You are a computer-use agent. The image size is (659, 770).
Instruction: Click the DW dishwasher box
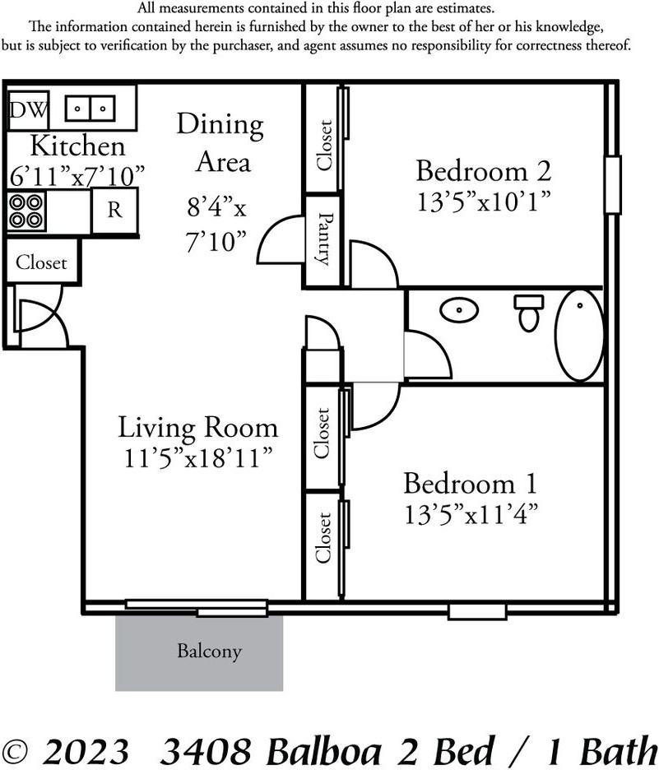[29, 110]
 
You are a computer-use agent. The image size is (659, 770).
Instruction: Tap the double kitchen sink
[90, 108]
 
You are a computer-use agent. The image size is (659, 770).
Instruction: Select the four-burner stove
[26, 211]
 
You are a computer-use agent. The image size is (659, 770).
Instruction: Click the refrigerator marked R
[114, 210]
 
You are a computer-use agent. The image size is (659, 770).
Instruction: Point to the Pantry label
[324, 239]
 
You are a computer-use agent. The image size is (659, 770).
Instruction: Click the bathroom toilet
[529, 313]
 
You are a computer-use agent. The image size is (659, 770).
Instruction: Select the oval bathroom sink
[458, 310]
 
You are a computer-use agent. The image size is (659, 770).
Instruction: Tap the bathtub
[579, 336]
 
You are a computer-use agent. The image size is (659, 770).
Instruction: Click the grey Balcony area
[199, 653]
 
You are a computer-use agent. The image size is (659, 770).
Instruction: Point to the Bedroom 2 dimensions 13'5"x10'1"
[484, 202]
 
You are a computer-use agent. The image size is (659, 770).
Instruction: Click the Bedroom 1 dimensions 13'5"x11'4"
[471, 515]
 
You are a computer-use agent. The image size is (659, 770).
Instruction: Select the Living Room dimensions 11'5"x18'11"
[198, 458]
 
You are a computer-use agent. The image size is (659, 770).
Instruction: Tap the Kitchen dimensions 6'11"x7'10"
[77, 176]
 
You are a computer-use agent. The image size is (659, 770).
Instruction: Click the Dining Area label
[220, 143]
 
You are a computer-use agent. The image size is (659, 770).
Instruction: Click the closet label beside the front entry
[41, 262]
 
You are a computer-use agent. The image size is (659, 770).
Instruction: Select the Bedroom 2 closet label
[324, 145]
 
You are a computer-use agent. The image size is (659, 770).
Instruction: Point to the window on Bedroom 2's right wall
[612, 184]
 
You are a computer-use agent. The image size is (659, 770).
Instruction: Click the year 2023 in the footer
[85, 751]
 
